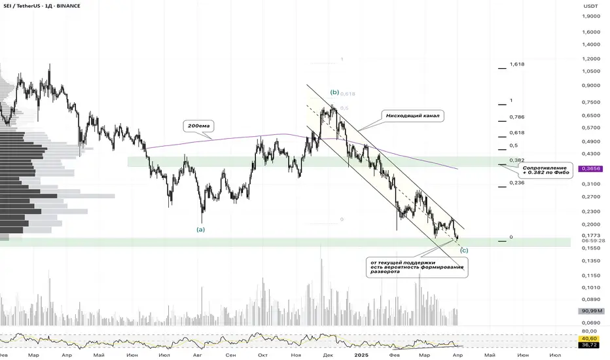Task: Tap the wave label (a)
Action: [201, 230]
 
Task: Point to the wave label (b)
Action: [335, 93]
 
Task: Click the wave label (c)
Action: [464, 250]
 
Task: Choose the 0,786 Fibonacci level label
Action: [517, 118]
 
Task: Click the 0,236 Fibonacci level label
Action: [517, 184]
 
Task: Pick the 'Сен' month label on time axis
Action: [230, 354]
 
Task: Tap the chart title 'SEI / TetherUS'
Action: [26, 6]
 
